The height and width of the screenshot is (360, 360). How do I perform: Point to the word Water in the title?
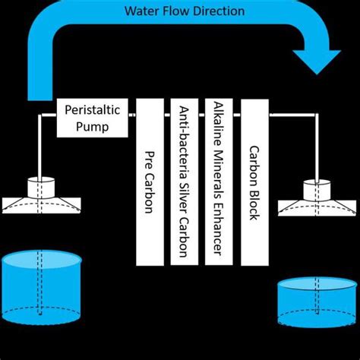[x=141, y=11]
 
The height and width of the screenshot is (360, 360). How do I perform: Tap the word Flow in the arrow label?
[x=174, y=11]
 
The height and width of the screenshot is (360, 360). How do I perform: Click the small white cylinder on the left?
[x=43, y=187]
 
